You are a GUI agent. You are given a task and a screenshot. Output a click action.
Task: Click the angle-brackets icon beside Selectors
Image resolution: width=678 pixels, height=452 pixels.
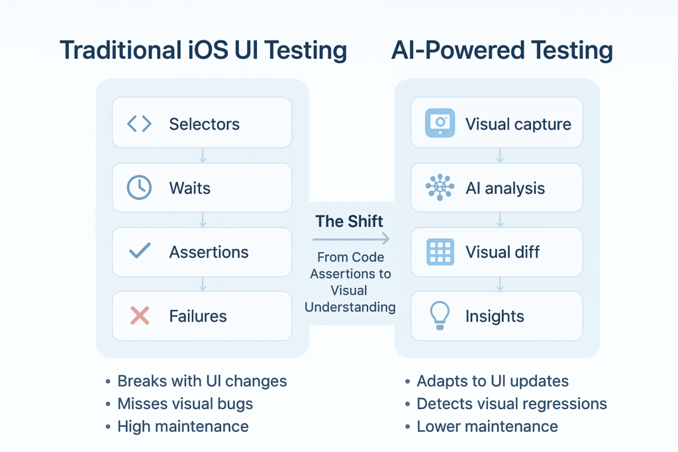pyautogui.click(x=139, y=124)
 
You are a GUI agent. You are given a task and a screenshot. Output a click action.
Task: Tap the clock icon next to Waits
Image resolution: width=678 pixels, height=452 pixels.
pyautogui.click(x=139, y=188)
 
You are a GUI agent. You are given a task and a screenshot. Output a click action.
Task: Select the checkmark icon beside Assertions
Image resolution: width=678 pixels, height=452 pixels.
pyautogui.click(x=139, y=251)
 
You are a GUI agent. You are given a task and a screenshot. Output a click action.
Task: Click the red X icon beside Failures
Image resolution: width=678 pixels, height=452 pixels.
pyautogui.click(x=139, y=316)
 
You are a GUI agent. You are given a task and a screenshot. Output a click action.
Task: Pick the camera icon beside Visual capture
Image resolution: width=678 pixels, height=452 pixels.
pyautogui.click(x=440, y=123)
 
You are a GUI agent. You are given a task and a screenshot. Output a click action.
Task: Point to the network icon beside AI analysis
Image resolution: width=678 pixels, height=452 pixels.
pyautogui.click(x=440, y=188)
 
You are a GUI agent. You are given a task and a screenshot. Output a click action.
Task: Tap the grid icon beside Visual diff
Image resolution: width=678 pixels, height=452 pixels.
pyautogui.click(x=440, y=252)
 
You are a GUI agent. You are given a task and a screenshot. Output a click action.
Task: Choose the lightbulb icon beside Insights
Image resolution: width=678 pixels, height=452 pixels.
pyautogui.click(x=440, y=316)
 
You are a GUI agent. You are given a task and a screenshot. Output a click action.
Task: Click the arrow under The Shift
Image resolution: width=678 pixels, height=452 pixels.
pyautogui.click(x=351, y=239)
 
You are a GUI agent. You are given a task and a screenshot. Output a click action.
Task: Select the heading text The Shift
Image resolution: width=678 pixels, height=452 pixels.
pyautogui.click(x=349, y=221)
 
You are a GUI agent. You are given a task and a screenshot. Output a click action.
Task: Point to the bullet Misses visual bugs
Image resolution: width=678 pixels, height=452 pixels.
pyautogui.click(x=185, y=404)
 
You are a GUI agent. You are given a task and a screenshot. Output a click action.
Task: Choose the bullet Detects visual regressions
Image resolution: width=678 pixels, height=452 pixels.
pyautogui.click(x=511, y=404)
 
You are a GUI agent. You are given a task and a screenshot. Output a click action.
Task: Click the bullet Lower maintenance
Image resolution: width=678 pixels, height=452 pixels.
pyautogui.click(x=487, y=426)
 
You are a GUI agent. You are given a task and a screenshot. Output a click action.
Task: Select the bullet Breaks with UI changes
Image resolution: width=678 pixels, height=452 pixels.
pyautogui.click(x=202, y=381)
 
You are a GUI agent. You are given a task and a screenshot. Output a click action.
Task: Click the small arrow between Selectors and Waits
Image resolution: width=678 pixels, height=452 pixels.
pyautogui.click(x=203, y=156)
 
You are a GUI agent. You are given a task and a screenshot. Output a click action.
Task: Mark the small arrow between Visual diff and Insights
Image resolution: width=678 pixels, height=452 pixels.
pyautogui.click(x=500, y=284)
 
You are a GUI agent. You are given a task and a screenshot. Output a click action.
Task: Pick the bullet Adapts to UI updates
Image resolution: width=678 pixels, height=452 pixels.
pyautogui.click(x=492, y=381)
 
